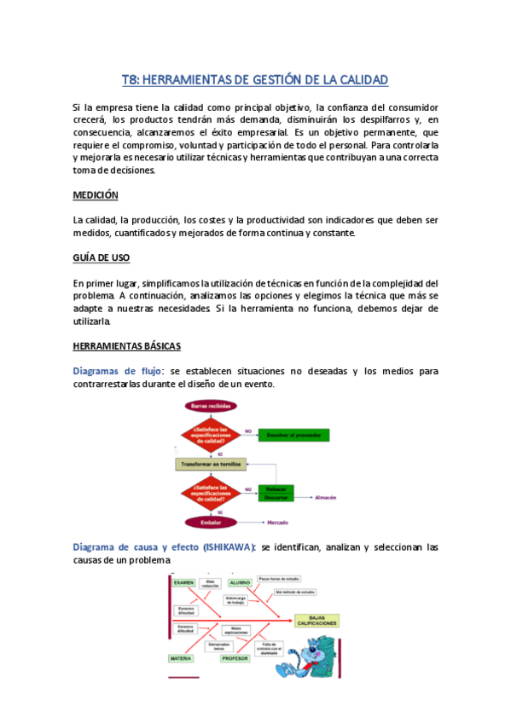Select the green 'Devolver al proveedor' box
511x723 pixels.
tap(292, 436)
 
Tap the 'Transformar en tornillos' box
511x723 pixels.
tap(211, 465)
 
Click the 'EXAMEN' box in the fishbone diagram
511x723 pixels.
tap(184, 582)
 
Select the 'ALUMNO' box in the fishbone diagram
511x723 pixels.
tap(241, 582)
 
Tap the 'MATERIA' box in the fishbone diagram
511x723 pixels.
tap(181, 658)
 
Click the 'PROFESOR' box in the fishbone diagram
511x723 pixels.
tap(235, 658)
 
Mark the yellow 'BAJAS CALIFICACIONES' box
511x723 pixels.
tap(317, 620)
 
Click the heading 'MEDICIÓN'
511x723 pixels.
tap(96, 195)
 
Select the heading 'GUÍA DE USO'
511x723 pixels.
tap(101, 257)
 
